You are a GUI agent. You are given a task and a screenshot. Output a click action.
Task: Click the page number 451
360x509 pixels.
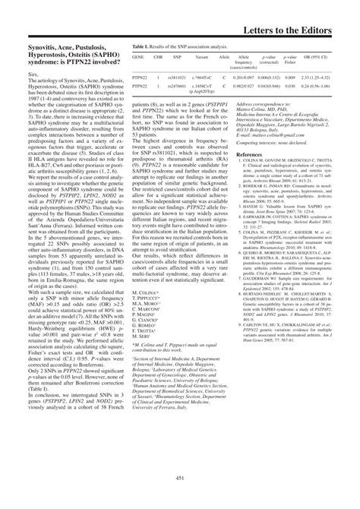point(180,498)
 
